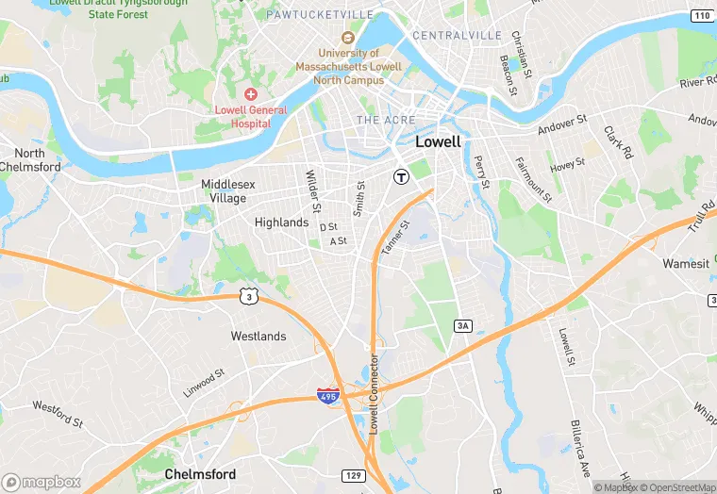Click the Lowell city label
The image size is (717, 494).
439,142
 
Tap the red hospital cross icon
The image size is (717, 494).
251,94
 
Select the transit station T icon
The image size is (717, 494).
401,176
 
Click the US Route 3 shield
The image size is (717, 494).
247,296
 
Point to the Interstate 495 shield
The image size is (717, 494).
328,397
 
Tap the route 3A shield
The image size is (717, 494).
462,325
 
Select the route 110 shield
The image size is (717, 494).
700,16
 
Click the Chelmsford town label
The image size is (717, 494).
200,473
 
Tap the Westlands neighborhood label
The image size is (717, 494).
258,336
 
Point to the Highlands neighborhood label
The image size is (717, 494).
281,222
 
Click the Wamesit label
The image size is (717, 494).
686,264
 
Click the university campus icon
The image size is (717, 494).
347,38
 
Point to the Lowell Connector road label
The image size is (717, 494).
374,393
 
